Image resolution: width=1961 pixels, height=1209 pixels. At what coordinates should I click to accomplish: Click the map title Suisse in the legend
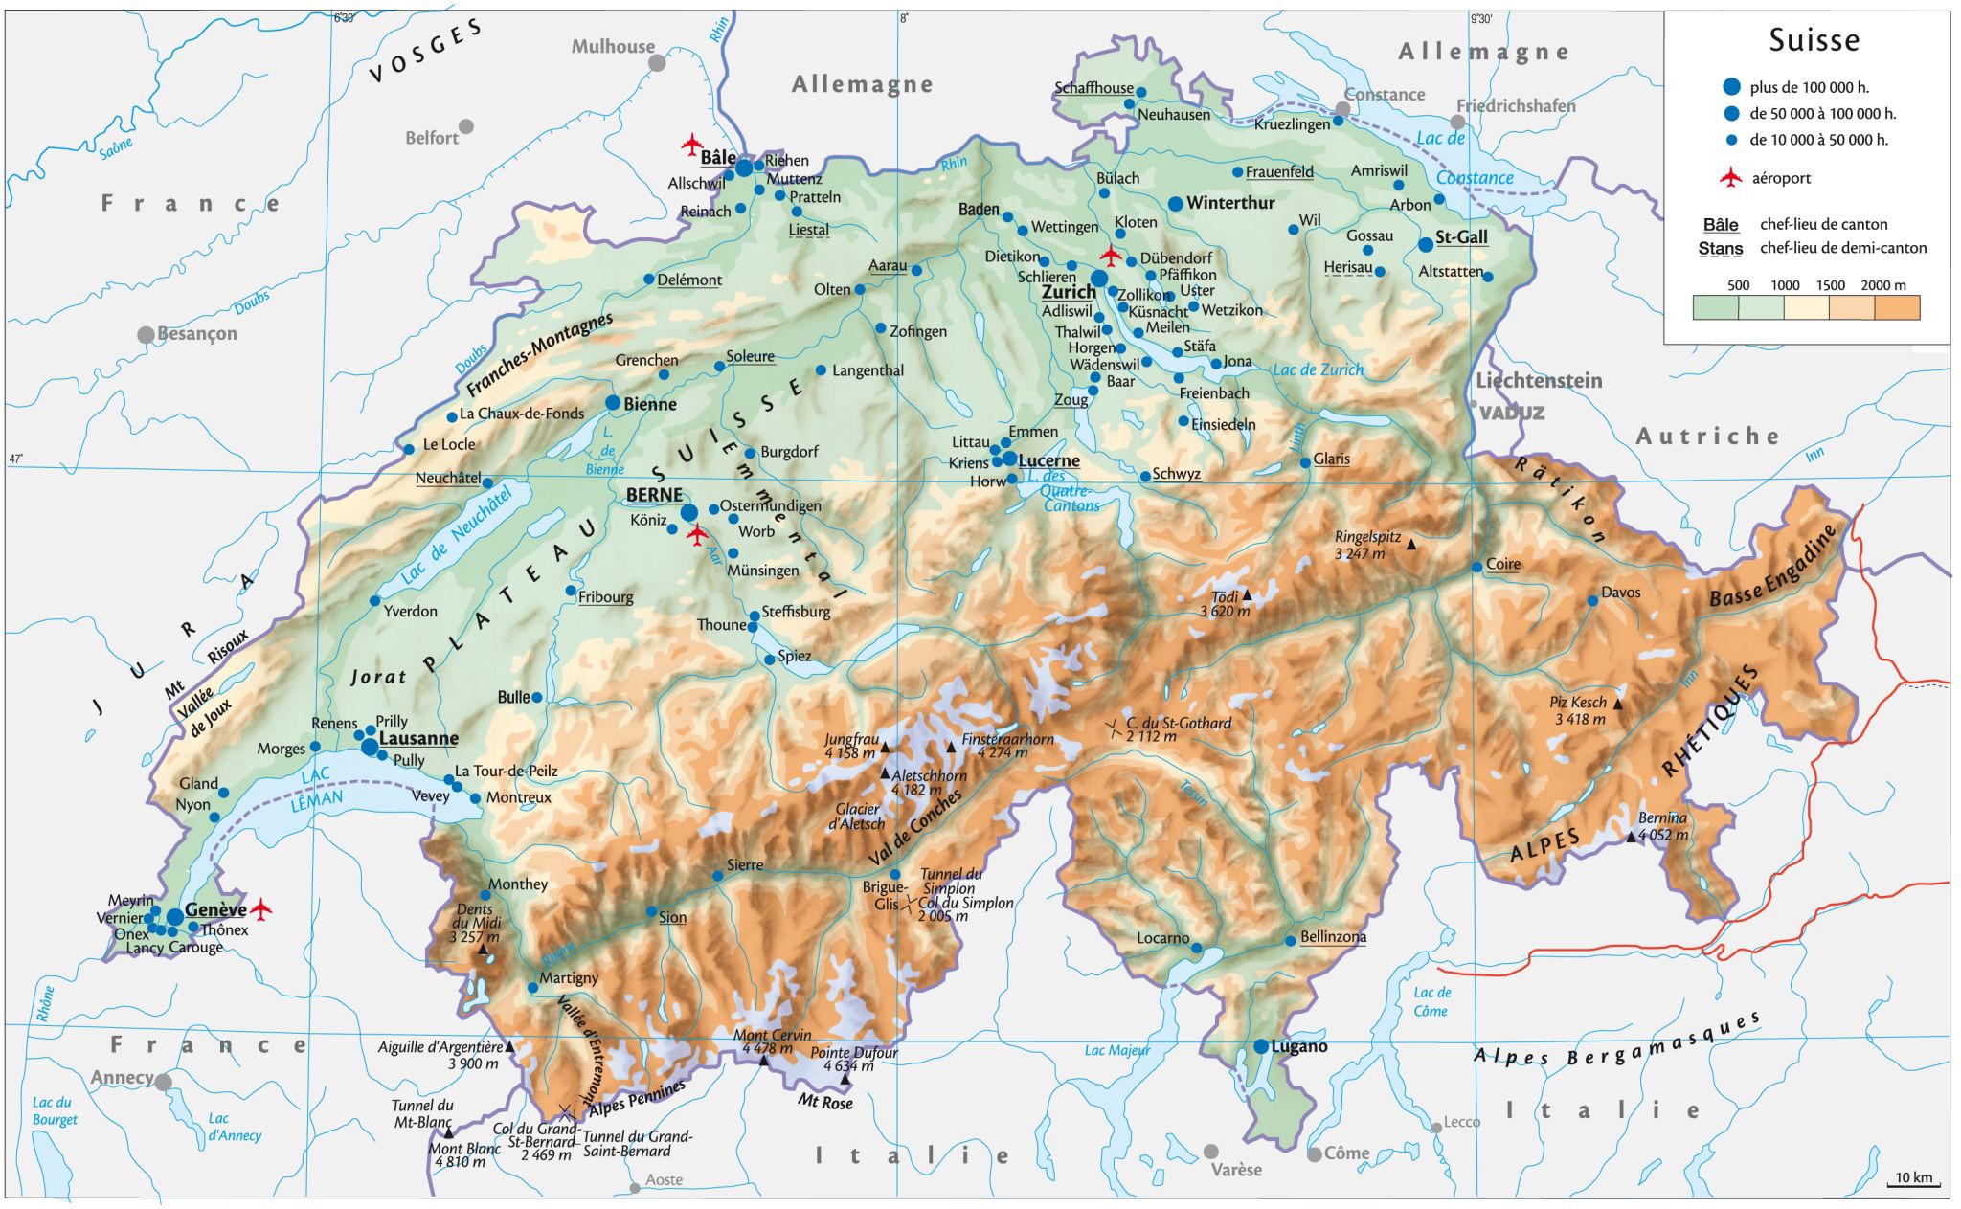pyautogui.click(x=1814, y=40)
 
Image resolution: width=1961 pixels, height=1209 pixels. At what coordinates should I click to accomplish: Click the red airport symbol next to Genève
pyautogui.click(x=260, y=908)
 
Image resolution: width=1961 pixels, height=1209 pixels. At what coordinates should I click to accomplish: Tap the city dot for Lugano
pyautogui.click(x=1261, y=1046)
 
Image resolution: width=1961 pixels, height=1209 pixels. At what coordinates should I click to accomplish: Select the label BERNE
pyautogui.click(x=654, y=495)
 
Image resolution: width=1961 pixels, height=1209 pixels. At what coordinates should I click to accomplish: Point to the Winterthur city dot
pyautogui.click(x=1176, y=204)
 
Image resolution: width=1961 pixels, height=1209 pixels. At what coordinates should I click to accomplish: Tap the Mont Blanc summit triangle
pyautogui.click(x=448, y=1132)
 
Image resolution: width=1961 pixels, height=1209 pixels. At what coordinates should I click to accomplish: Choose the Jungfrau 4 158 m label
pyautogui.click(x=851, y=746)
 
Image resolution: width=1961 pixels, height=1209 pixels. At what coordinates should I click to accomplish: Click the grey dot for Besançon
pyautogui.click(x=146, y=334)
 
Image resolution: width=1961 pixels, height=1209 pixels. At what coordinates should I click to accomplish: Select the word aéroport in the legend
pyautogui.click(x=1781, y=178)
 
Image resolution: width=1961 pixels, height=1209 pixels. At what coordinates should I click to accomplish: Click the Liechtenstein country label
pyautogui.click(x=1539, y=380)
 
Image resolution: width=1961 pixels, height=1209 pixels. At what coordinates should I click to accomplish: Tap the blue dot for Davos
pyautogui.click(x=1592, y=600)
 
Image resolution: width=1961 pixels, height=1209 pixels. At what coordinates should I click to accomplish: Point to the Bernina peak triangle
pyautogui.click(x=1631, y=837)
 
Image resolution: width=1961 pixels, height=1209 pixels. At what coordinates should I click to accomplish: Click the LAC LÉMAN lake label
pyautogui.click(x=316, y=788)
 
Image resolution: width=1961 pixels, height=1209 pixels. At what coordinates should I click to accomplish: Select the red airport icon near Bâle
pyautogui.click(x=692, y=146)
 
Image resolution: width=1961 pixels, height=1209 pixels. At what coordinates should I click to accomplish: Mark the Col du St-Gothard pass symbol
pyautogui.click(x=1114, y=729)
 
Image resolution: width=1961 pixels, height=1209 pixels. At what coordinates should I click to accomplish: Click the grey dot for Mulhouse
pyautogui.click(x=657, y=63)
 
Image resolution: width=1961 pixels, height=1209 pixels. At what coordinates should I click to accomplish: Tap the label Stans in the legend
pyautogui.click(x=1720, y=248)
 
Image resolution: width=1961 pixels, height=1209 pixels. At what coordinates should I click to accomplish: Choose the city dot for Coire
pyautogui.click(x=1477, y=567)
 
